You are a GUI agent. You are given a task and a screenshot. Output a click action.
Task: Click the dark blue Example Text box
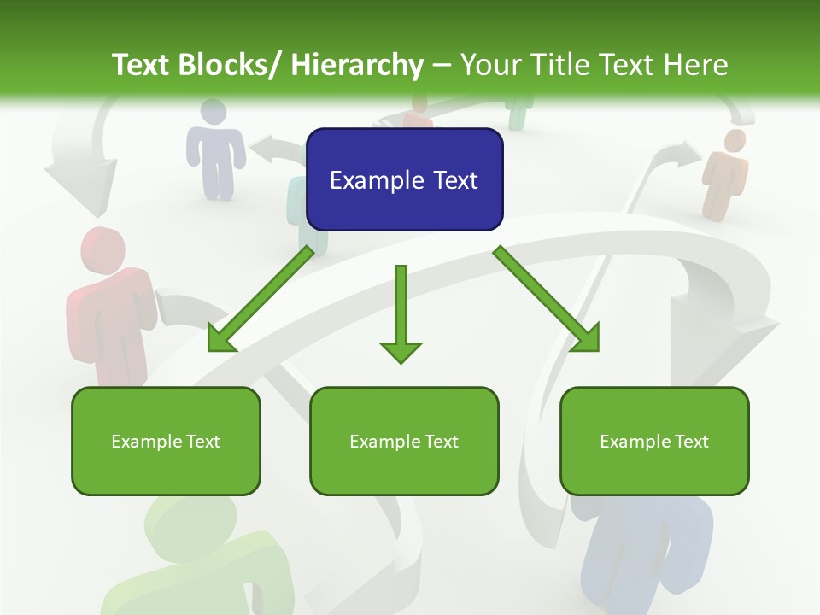(404, 179)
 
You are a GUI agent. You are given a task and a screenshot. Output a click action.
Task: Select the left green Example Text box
(166, 441)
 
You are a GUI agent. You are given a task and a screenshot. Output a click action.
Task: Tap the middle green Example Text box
(404, 441)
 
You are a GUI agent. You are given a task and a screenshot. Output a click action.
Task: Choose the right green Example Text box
(654, 441)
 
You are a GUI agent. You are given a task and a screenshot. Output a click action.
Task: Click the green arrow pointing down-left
(261, 300)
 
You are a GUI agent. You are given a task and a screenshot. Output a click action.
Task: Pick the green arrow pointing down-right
(548, 300)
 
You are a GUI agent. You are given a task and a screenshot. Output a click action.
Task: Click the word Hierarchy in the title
(357, 65)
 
